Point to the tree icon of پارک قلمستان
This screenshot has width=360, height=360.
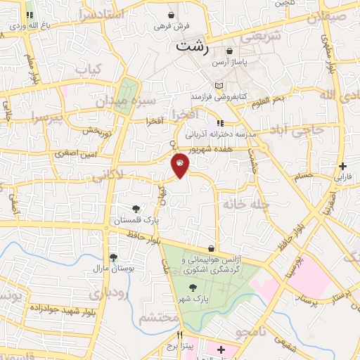point(136,209)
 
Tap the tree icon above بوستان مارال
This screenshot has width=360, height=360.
point(113,257)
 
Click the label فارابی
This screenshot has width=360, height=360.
point(342,178)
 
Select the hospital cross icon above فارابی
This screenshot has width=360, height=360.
point(342,167)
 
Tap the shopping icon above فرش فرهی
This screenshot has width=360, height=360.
point(172,15)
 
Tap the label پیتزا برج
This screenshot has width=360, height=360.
point(179,347)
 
